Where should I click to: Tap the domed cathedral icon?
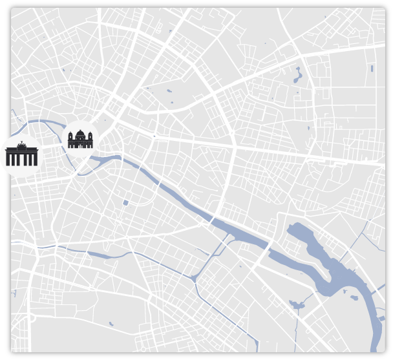coord(81,138)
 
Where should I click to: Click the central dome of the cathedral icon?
coord(81,134)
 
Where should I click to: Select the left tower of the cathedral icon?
coord(70,138)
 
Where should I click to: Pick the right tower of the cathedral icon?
coord(91,138)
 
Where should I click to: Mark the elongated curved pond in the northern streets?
coord(299,76)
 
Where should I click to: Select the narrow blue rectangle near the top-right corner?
coord(373,67)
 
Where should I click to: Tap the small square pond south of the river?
coord(125,204)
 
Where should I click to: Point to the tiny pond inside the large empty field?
coord(111,323)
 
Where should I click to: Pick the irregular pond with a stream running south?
coord(297,303)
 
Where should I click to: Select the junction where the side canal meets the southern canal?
coord(193,279)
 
